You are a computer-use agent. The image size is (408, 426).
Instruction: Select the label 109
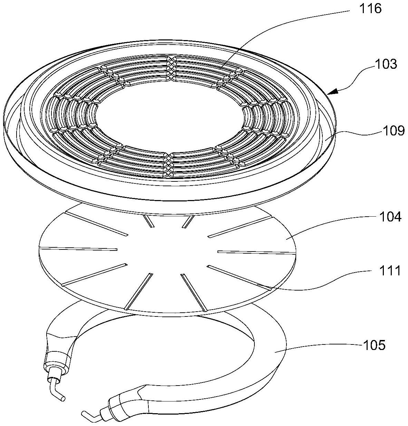coord(392,131)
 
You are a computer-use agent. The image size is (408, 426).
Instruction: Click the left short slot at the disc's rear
coord(149,221)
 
